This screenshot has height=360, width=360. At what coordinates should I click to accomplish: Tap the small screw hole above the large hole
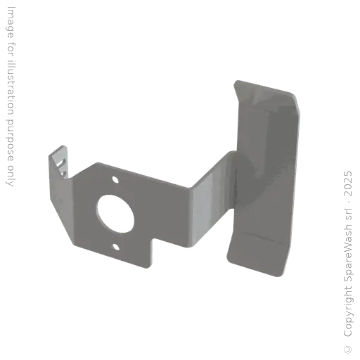tap(115, 179)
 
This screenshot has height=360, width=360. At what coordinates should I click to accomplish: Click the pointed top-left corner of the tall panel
tap(234, 79)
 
